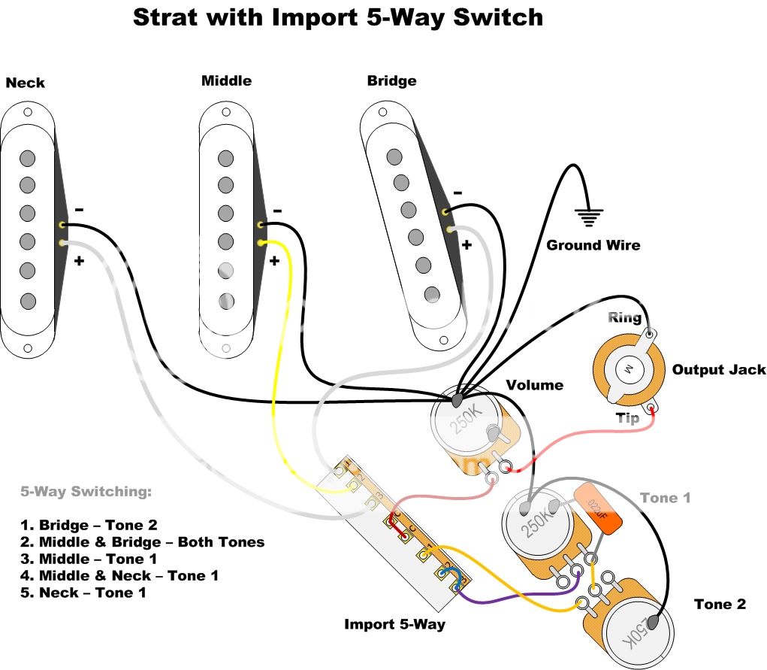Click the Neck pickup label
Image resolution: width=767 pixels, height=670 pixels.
tap(25, 83)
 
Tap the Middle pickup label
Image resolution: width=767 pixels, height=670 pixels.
tap(226, 80)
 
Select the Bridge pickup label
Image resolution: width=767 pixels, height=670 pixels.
tap(391, 80)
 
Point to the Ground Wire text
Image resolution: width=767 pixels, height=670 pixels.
tap(593, 245)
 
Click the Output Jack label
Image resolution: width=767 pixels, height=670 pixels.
tap(719, 369)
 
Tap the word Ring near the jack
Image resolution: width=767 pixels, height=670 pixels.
tap(624, 317)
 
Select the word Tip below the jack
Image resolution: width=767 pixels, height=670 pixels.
tap(627, 418)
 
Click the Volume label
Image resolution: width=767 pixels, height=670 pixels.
tap(534, 385)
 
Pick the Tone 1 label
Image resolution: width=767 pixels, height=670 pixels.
tap(665, 498)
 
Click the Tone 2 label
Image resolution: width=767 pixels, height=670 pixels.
tap(720, 604)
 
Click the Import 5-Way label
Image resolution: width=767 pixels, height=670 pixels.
tap(394, 624)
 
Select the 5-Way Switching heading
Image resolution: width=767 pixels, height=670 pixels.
tap(86, 492)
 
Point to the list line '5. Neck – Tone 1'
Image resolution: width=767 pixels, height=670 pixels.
tap(83, 593)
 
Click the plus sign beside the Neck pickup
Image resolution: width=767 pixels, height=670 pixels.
tap(77, 261)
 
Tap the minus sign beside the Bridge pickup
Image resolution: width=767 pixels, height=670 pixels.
tap(457, 193)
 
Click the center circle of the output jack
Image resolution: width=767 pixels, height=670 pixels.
tap(623, 369)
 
